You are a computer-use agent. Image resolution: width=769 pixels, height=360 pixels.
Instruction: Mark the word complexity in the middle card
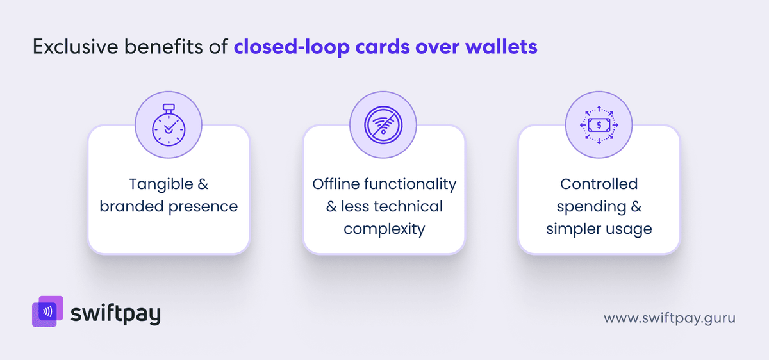pos(384,229)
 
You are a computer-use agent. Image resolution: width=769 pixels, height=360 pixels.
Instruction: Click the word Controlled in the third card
pos(599,184)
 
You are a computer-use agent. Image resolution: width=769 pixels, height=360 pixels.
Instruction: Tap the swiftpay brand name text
pos(116,314)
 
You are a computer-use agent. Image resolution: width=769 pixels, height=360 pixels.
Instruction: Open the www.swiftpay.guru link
pos(669,318)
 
